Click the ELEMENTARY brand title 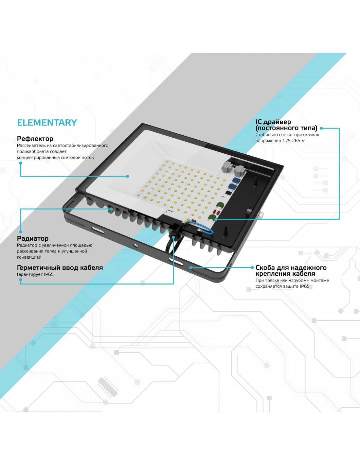coord(47,123)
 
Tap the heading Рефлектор coord(35,139)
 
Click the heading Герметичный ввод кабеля coord(60,267)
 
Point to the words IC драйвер coord(273,122)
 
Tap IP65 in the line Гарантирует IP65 coord(49,274)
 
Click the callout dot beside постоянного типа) coord(321,128)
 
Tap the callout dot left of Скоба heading coord(252,267)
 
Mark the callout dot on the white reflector coord(127,176)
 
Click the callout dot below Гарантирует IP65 coord(21,280)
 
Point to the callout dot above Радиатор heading coord(21,232)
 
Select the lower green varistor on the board coord(212,217)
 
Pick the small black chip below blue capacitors coord(228,193)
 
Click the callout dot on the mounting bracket coord(190,267)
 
